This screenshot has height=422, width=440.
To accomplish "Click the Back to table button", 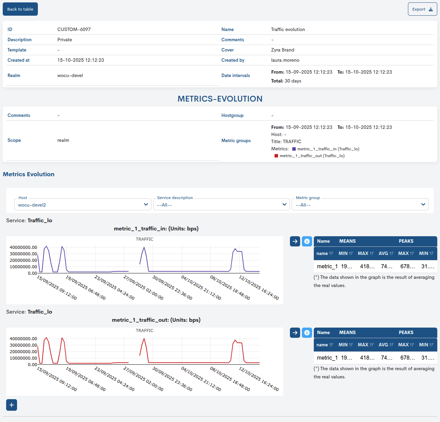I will (20, 9).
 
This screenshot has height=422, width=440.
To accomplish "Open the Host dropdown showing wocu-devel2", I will (83, 205).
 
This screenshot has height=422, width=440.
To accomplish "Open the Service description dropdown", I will (221, 205).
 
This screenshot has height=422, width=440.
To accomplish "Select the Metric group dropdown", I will (360, 205).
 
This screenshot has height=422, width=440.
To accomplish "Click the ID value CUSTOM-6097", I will (74, 30).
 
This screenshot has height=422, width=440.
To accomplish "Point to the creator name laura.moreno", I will (285, 60).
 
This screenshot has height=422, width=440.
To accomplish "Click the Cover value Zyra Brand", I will (282, 50).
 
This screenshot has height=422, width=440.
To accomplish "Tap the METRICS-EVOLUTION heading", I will (220, 99).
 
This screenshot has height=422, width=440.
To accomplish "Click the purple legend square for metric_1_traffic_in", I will (294, 149).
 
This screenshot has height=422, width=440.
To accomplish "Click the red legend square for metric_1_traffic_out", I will (276, 156).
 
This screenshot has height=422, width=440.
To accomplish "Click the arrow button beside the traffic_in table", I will (295, 241).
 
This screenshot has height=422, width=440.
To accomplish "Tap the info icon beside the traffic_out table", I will (307, 333).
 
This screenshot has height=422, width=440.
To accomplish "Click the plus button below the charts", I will (12, 405).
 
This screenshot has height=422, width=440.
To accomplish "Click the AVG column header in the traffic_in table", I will (386, 254).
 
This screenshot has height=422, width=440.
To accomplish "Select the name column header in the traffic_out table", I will (324, 345).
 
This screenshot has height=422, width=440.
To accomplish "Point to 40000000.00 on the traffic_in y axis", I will (23, 247).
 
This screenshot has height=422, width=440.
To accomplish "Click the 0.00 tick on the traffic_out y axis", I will (32, 365).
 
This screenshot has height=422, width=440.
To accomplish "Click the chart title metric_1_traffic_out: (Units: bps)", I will (156, 320).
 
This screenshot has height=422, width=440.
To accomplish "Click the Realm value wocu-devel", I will (70, 76).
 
